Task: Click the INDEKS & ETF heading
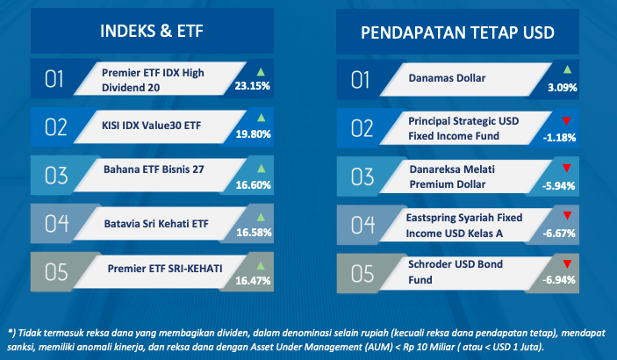coord(152,31)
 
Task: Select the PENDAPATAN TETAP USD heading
coord(457,32)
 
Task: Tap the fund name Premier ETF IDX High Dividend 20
coord(153,80)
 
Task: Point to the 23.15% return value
coord(252,85)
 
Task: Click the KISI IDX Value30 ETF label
coord(152,126)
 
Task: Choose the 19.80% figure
coord(253,134)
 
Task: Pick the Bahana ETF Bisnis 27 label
coord(154,169)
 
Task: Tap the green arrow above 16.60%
coord(261,169)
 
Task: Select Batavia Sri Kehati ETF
coord(156,224)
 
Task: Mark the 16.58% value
coord(254,233)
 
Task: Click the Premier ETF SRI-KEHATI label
coord(165,269)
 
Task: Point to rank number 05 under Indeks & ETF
coord(56,272)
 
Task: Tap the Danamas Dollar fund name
coord(447,78)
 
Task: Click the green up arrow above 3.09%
coord(567,69)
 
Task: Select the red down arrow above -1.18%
coord(567,121)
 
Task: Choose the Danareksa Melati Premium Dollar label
coord(452,176)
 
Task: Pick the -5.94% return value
coord(558,185)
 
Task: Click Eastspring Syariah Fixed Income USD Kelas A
coord(464,226)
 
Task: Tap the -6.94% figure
coord(559,280)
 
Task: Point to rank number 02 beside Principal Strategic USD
coord(362,128)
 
